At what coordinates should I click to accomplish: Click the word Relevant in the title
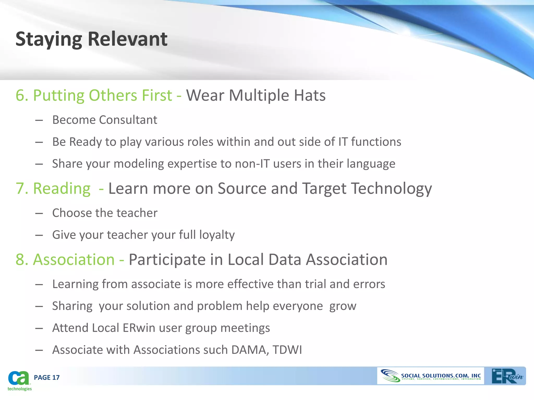tap(128, 39)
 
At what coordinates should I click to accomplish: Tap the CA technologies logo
tap(19, 380)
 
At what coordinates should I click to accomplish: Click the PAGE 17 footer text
tap(47, 377)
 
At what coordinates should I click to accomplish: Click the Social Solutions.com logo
tap(430, 376)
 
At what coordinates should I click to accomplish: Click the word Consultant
tap(128, 120)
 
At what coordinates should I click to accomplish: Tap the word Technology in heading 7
tap(391, 189)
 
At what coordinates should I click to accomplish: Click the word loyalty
tap(217, 235)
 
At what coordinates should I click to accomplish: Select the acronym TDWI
tap(287, 350)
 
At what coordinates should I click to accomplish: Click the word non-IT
tap(252, 164)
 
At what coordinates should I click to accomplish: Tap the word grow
tap(343, 306)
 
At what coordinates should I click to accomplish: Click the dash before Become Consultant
tap(39, 120)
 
